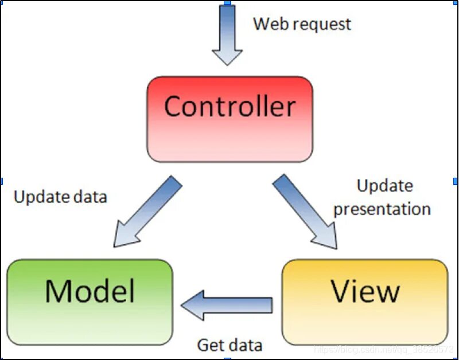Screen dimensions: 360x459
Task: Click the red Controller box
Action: [229, 119]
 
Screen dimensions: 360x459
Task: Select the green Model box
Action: [90, 302]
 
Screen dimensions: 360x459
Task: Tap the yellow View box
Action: [365, 302]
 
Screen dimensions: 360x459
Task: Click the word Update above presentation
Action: [384, 186]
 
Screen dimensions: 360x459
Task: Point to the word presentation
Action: [382, 209]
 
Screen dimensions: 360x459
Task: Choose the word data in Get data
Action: [245, 345]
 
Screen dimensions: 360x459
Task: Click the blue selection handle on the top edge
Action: [227, 2]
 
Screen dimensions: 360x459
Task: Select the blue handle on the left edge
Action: [2, 181]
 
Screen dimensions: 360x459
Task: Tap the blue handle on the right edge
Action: [456, 181]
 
